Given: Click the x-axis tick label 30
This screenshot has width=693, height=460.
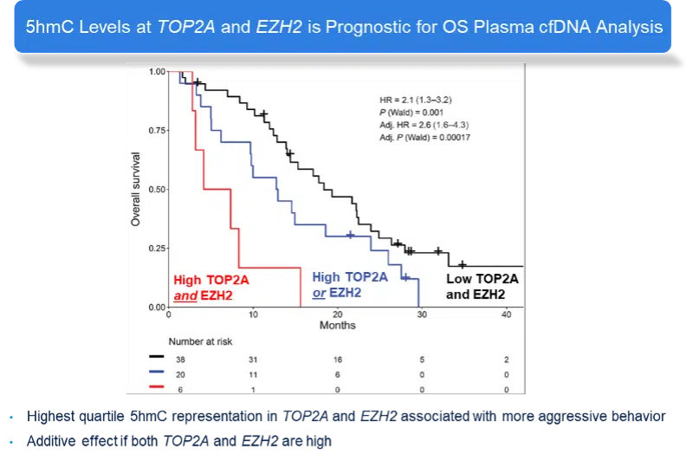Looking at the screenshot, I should (x=422, y=315).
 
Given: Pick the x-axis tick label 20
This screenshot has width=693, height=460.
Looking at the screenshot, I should (x=337, y=315).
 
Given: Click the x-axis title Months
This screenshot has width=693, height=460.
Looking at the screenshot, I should (x=337, y=326).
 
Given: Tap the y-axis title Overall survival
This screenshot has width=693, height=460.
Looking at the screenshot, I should (x=136, y=189).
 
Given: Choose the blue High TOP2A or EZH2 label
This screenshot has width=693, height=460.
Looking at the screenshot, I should (x=349, y=285).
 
